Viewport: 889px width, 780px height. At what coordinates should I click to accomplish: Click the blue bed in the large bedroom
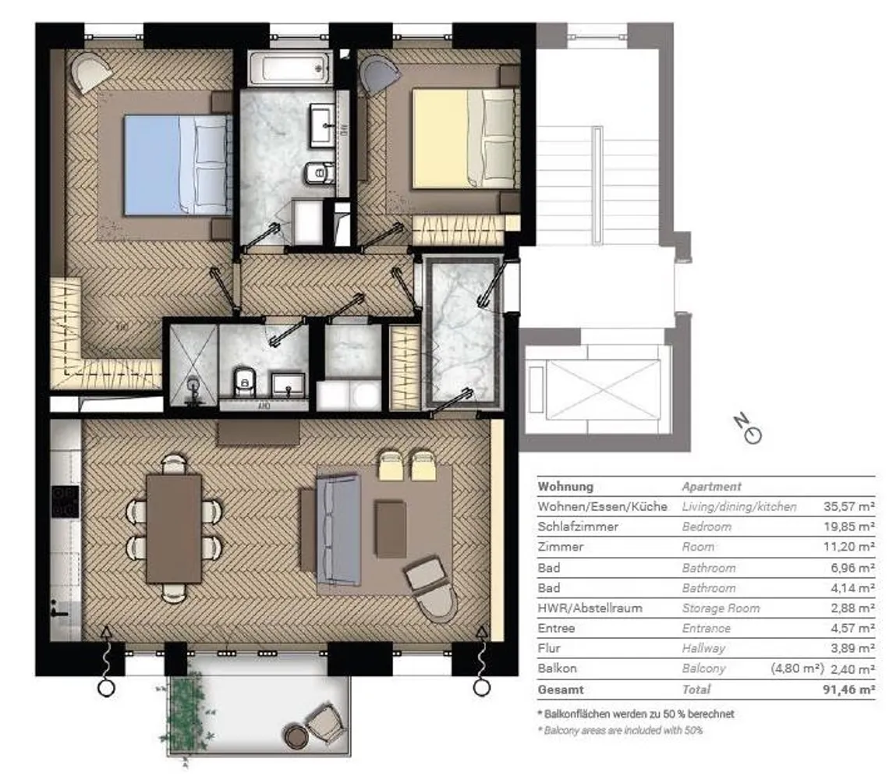click(178, 165)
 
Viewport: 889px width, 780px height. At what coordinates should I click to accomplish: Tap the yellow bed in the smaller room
click(465, 138)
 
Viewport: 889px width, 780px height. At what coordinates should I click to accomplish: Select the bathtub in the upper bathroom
click(291, 69)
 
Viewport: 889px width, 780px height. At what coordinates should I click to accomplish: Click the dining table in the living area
click(174, 529)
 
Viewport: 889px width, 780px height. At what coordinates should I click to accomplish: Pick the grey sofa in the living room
click(338, 530)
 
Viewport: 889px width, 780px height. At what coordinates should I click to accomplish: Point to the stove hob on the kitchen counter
click(66, 502)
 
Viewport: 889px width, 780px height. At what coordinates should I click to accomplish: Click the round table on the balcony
click(296, 736)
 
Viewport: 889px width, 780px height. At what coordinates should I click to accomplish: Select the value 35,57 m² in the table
click(848, 506)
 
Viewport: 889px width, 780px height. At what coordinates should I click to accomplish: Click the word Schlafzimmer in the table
click(578, 526)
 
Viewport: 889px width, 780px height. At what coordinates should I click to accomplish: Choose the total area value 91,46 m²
click(848, 690)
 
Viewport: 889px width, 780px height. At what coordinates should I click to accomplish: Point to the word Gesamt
click(560, 690)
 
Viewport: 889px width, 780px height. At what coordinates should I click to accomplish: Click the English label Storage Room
click(721, 608)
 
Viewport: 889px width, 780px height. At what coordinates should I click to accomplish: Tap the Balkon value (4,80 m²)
click(797, 668)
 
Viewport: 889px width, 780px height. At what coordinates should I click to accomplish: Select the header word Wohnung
click(565, 486)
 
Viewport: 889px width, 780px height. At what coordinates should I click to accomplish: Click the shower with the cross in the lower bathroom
click(193, 365)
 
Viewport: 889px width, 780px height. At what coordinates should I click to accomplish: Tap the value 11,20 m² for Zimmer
click(848, 547)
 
